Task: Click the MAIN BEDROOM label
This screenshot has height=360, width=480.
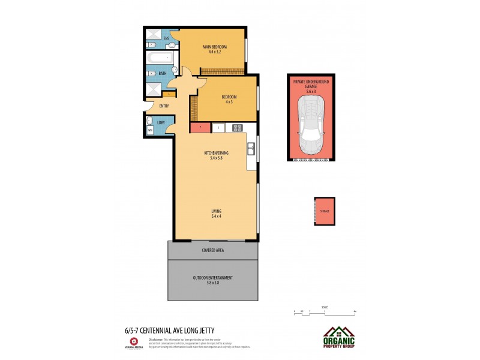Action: coord(214,46)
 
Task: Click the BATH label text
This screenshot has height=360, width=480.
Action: coord(163,73)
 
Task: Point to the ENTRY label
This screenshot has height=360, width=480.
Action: coord(163,106)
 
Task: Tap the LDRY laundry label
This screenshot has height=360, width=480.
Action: coord(161,123)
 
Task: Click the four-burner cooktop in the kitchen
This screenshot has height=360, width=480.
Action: coord(237,128)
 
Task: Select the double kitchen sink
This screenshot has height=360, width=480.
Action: coord(251,148)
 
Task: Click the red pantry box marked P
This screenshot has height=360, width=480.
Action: coord(200,127)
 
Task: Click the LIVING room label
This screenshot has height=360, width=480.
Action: coord(216,211)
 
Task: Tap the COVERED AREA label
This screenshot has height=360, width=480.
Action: coord(212,250)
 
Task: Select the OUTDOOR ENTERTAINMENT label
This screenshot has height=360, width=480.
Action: coord(212,277)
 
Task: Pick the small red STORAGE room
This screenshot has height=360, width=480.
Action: coord(325,211)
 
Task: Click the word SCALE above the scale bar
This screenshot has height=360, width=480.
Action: coord(325,307)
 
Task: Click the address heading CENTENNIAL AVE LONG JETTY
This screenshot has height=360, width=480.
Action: coord(165,330)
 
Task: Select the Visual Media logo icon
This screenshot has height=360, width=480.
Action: coord(133,341)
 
